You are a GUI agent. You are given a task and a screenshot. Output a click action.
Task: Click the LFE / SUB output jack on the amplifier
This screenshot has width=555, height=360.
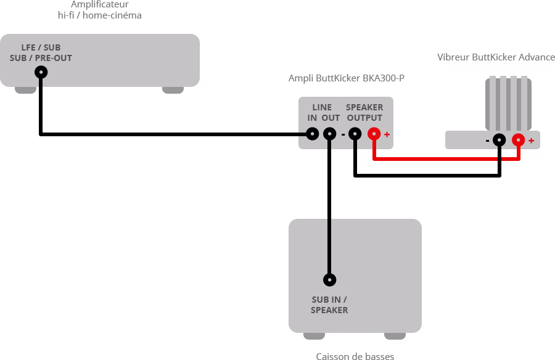(x=41, y=73)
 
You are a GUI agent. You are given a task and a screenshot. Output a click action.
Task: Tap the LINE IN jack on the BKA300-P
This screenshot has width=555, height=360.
(x=313, y=133)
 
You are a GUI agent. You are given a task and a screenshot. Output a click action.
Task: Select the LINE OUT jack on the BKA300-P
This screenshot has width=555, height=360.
(x=330, y=133)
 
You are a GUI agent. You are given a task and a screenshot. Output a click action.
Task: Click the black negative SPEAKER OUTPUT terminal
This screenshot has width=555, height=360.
(x=355, y=133)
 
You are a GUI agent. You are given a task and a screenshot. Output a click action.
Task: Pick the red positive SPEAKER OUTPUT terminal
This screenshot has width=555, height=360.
(x=374, y=133)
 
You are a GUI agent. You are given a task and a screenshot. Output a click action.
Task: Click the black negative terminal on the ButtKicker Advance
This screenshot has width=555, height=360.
(x=499, y=140)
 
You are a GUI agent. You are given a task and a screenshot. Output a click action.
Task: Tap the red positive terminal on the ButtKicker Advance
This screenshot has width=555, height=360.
(x=519, y=140)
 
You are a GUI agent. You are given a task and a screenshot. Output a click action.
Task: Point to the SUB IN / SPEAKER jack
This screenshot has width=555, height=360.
(x=330, y=279)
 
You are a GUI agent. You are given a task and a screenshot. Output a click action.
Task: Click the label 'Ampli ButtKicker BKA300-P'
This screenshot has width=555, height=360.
(x=347, y=78)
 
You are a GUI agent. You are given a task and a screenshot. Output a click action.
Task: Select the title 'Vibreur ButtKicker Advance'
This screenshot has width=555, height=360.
(x=496, y=57)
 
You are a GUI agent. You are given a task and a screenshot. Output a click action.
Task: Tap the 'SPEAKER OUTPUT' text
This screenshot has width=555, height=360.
(x=364, y=112)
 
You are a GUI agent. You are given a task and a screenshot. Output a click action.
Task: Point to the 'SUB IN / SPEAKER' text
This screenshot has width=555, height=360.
(x=329, y=305)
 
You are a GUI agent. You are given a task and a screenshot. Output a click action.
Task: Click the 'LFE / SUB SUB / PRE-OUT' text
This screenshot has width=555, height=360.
(x=41, y=52)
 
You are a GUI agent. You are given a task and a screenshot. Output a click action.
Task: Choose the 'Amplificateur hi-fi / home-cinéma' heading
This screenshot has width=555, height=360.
(x=99, y=9)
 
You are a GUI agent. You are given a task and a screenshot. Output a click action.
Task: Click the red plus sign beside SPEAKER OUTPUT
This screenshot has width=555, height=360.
(x=387, y=134)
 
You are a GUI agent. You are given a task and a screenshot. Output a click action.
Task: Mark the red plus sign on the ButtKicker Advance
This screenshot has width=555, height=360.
(x=531, y=141)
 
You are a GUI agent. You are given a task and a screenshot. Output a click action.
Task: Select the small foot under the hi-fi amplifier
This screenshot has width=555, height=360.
(x=173, y=90)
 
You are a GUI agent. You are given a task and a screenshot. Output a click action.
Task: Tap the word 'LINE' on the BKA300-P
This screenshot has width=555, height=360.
(x=322, y=107)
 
